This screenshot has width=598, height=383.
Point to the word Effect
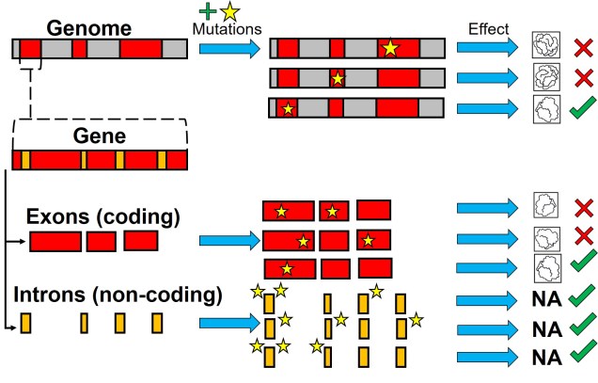tap(488, 28)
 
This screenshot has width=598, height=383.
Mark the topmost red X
tap(582, 48)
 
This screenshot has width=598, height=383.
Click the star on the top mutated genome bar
tap(389, 49)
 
